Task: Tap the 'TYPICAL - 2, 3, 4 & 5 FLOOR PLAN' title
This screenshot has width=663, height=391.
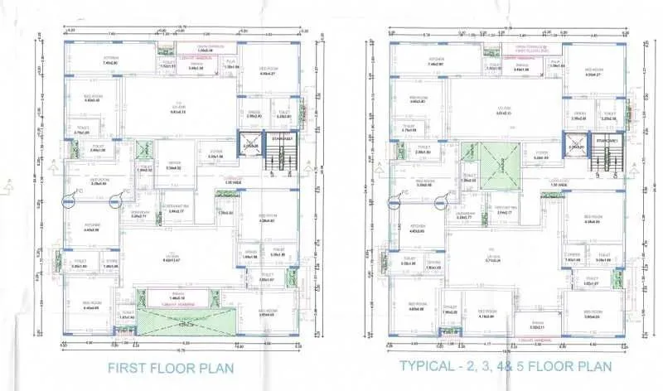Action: click(x=505, y=365)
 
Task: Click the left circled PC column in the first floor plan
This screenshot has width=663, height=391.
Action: click(x=69, y=199)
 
